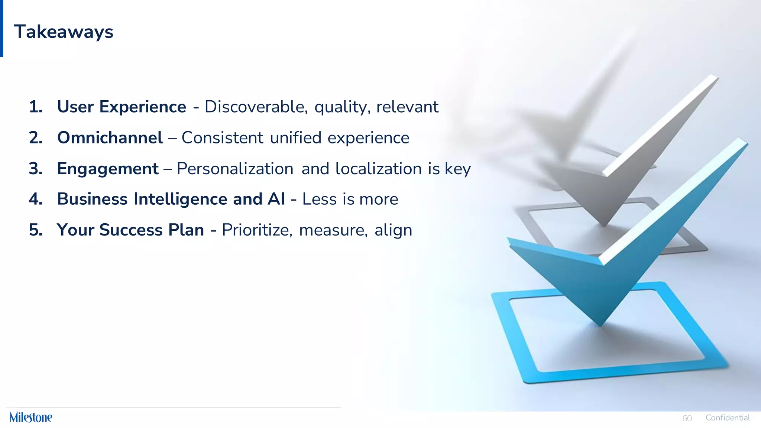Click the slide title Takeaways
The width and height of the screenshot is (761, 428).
[64, 32]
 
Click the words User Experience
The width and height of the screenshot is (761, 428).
[122, 107]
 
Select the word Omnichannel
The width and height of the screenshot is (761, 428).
[110, 138]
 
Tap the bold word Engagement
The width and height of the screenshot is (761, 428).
[108, 169]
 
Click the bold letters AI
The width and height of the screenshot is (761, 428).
[276, 199]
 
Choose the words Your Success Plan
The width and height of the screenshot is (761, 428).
[130, 230]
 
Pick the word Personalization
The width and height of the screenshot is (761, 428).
[235, 169]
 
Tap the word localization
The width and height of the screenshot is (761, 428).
[378, 169]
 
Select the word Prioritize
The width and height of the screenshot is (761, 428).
[257, 230]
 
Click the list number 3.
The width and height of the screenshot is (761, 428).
[35, 169]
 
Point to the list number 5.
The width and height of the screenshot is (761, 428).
[35, 230]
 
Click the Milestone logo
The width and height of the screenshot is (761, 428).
[31, 417]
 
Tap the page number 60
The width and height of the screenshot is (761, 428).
[687, 418]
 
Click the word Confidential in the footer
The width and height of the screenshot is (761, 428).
[728, 418]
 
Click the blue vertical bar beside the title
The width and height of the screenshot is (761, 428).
[1, 28]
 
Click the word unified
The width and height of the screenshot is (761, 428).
[295, 138]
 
